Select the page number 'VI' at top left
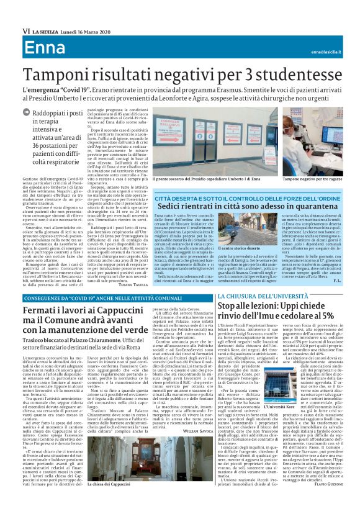[x=25, y=30]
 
